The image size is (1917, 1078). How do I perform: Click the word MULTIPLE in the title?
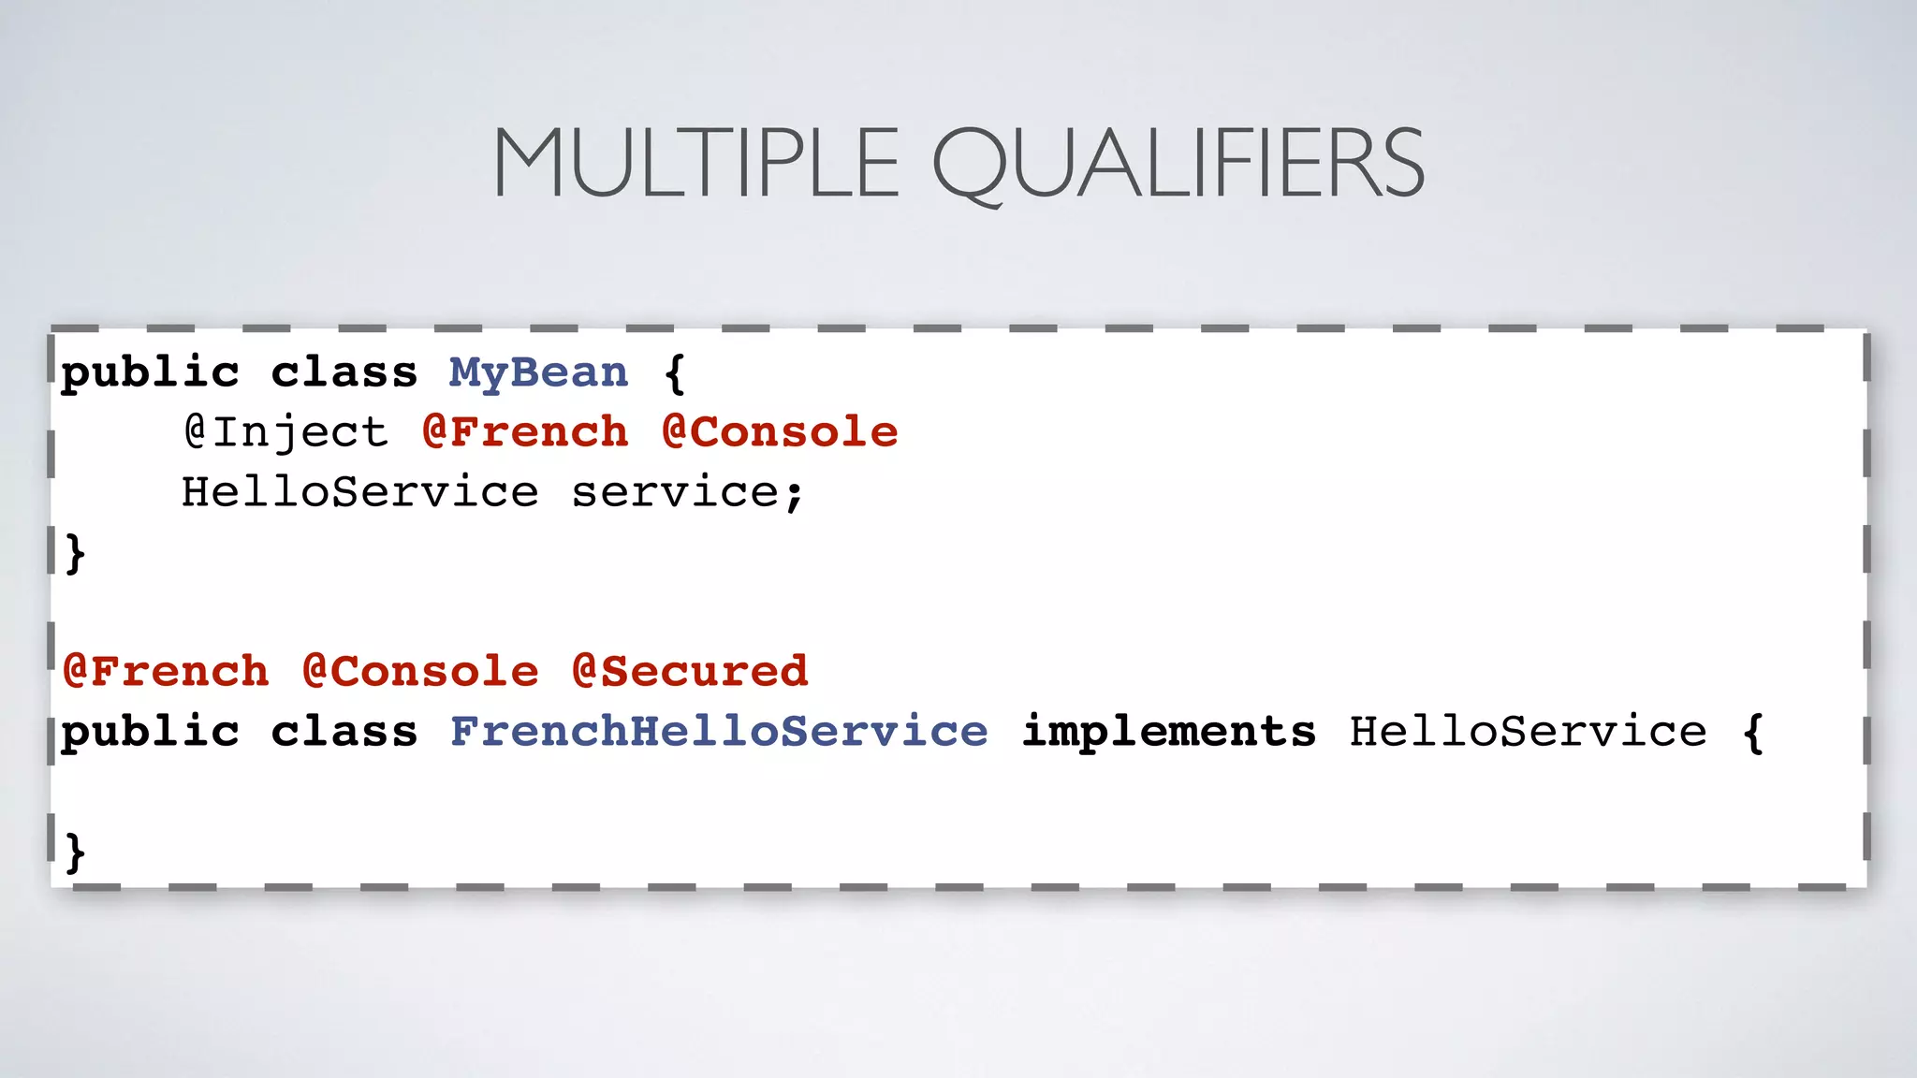pyautogui.click(x=695, y=164)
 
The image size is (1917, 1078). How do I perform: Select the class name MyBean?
pyautogui.click(x=538, y=373)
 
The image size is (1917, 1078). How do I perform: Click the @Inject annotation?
pyautogui.click(x=285, y=432)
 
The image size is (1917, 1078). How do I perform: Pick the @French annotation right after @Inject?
pyautogui.click(x=525, y=432)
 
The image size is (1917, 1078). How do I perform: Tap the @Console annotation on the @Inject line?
pyautogui.click(x=780, y=432)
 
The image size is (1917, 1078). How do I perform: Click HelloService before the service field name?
pyautogui.click(x=360, y=492)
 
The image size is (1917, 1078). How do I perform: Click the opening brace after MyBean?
pyautogui.click(x=675, y=373)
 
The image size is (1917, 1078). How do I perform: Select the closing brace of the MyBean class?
pyautogui.click(x=76, y=553)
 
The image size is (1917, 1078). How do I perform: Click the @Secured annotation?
pyautogui.click(x=690, y=672)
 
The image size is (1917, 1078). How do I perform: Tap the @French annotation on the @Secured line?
pyautogui.click(x=166, y=672)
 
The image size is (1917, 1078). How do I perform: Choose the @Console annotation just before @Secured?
pyautogui.click(x=420, y=672)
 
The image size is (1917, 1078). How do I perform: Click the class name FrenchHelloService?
pyautogui.click(x=719, y=732)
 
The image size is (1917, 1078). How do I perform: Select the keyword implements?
pyautogui.click(x=1169, y=732)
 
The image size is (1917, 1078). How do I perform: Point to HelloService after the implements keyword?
pyautogui.click(x=1528, y=732)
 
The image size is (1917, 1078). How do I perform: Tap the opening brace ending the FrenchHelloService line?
pyautogui.click(x=1753, y=732)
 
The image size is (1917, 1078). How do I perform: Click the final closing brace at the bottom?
pyautogui.click(x=76, y=852)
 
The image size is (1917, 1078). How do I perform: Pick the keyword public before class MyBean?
pyautogui.click(x=151, y=373)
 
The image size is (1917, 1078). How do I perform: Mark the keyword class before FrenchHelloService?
pyautogui.click(x=344, y=732)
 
